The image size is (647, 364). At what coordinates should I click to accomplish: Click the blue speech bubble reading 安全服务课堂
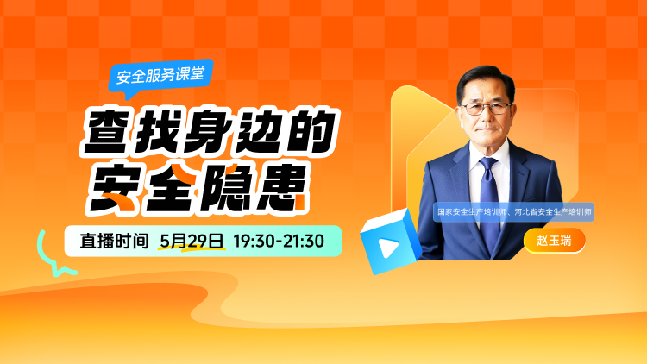point(161,77)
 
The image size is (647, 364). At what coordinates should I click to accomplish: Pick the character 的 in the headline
point(309,132)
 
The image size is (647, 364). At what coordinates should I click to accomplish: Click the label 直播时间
point(114,241)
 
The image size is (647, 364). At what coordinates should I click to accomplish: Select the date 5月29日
point(192,241)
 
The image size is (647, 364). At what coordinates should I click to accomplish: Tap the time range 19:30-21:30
point(279,241)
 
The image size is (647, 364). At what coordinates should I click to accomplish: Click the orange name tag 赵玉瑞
point(554,240)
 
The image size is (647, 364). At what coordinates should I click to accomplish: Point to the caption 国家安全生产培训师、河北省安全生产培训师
point(514,212)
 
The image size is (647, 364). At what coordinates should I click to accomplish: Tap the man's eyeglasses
point(486,109)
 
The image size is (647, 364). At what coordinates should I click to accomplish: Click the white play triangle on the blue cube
point(388,247)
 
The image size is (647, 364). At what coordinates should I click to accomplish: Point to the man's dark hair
point(487,78)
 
